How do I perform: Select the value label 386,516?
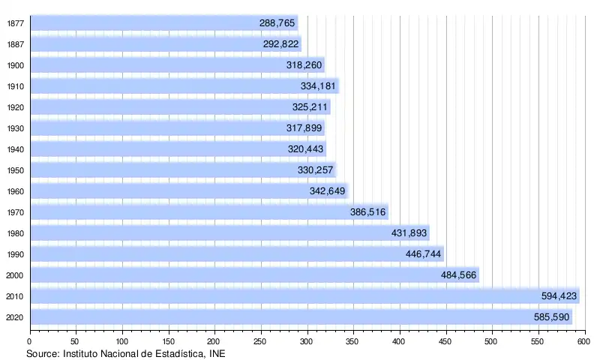pos(368,212)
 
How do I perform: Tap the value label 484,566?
pos(459,275)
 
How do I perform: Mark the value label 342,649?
pos(327,191)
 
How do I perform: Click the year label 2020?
pos(15,317)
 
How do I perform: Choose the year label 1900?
pos(15,65)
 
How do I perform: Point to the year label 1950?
pos(15,170)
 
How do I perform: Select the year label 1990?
pos(15,254)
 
